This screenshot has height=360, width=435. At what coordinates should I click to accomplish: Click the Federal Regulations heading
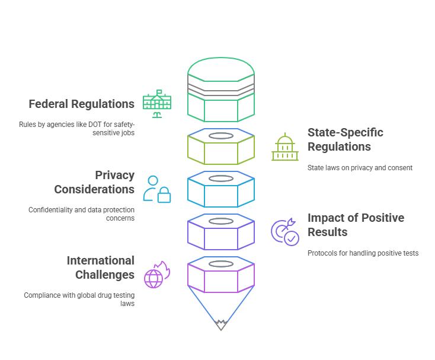[82, 104]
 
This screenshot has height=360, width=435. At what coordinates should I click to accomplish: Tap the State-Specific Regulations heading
[345, 139]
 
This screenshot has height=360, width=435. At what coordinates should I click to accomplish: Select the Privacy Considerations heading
[94, 182]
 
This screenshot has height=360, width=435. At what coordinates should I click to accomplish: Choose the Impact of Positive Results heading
[356, 225]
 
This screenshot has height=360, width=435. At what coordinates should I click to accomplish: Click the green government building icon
[157, 104]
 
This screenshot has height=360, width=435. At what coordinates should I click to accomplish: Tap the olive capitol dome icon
[285, 147]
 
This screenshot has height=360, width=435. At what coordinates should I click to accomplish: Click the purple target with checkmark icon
[285, 232]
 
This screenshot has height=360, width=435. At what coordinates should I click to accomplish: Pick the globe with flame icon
[156, 275]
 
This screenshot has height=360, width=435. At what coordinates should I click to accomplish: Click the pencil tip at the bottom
[221, 324]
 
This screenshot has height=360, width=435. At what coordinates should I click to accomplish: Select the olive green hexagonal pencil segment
[221, 149]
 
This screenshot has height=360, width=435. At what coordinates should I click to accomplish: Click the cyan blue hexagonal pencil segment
[221, 192]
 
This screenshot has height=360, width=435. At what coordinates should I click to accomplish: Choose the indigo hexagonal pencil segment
[221, 234]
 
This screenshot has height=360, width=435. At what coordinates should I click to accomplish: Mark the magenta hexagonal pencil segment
[221, 277]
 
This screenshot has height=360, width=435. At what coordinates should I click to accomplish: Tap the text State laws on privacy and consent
[360, 168]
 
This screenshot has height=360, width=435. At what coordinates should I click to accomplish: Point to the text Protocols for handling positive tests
[363, 253]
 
